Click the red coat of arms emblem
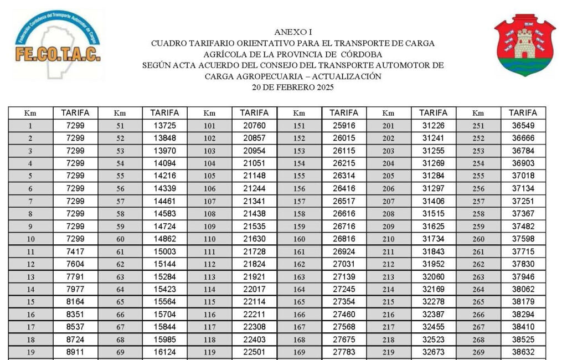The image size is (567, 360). [x=524, y=45]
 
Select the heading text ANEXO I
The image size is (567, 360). [x=293, y=32]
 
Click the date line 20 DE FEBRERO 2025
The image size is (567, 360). [x=293, y=87]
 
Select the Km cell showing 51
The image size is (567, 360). [x=120, y=126]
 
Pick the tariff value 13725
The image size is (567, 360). [x=164, y=126]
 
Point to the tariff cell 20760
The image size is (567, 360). [x=254, y=126]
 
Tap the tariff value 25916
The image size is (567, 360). [x=344, y=126]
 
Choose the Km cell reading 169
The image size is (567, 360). [x=299, y=352]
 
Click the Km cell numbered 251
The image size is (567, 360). [x=478, y=126]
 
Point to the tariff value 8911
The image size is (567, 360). [x=75, y=352]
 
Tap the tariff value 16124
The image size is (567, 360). [x=164, y=352]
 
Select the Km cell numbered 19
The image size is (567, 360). [x=30, y=352]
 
